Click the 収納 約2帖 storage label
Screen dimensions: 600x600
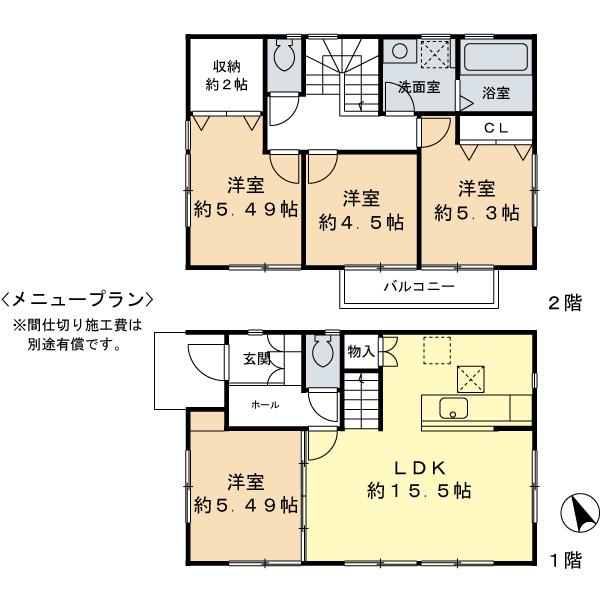pos(227,77)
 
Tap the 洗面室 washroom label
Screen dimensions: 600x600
pos(419,88)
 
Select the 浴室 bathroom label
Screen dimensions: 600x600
pos(496,93)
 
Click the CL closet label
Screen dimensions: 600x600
pos(496,128)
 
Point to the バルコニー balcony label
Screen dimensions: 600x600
pos(420,287)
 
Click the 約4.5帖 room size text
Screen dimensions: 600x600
pos(361,223)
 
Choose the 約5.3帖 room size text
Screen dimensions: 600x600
pos(476,213)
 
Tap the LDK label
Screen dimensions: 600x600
pos(419,467)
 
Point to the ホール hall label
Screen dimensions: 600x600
pos(265,404)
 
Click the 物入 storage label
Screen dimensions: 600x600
pos(360,351)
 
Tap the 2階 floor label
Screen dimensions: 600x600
pos(564,304)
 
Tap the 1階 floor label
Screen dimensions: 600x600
pos(564,561)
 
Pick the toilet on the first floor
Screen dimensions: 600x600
pos(322,352)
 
